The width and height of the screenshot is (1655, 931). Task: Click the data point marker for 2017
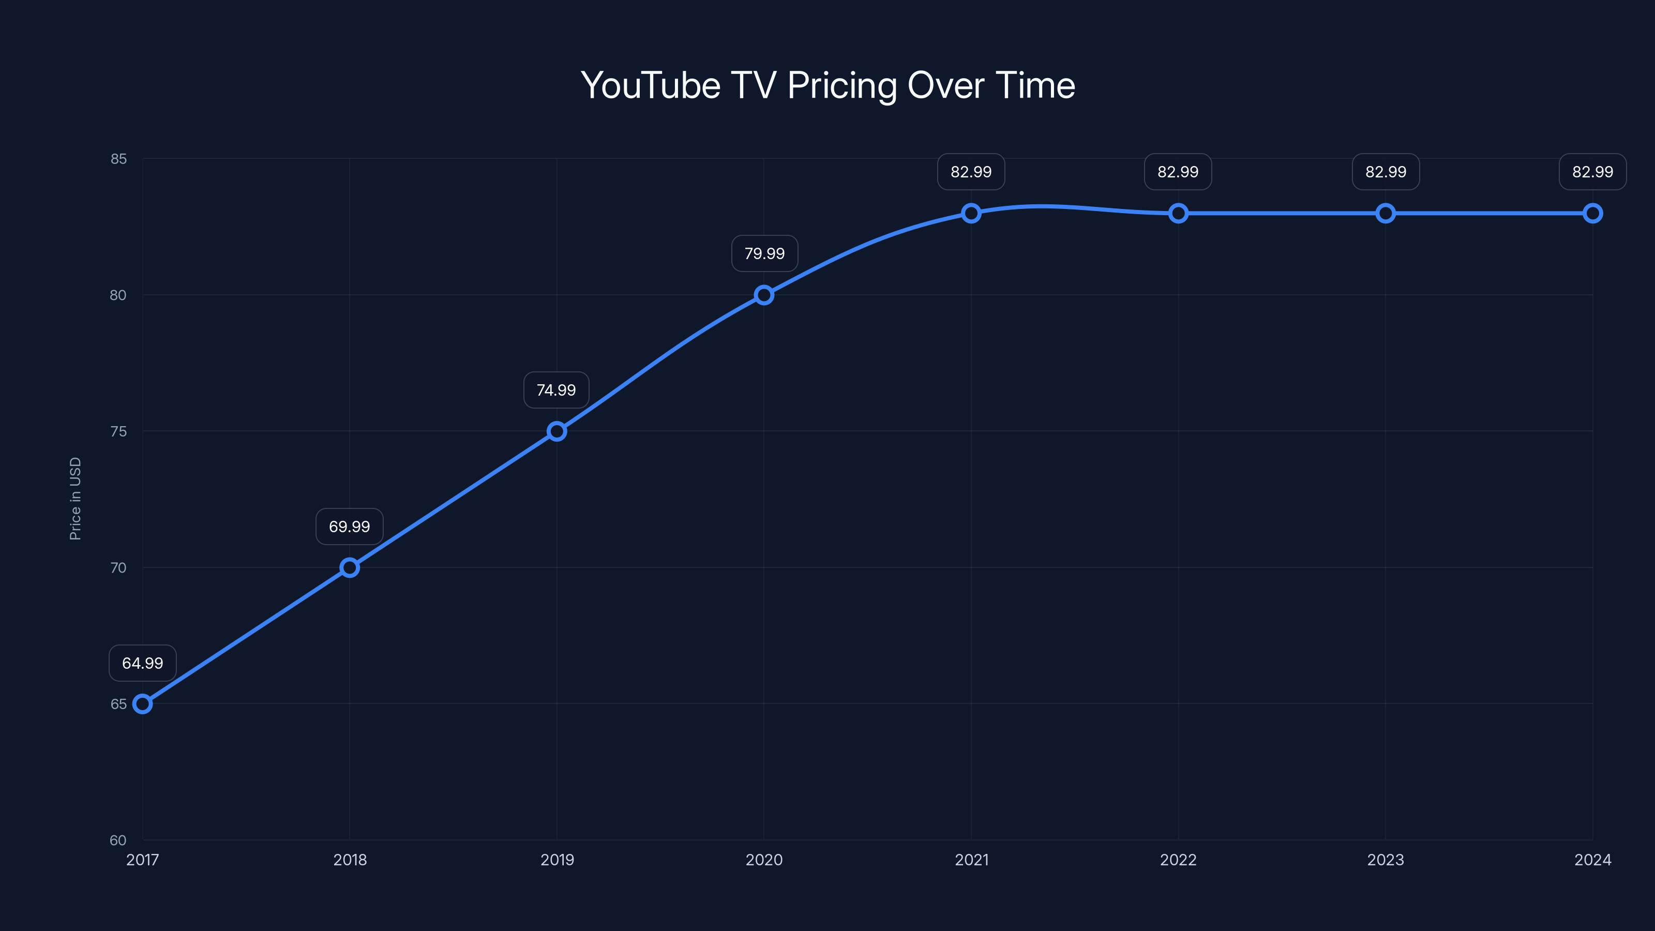tap(142, 703)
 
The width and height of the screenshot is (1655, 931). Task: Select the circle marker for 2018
tap(350, 567)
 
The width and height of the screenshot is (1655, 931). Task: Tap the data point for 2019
tap(557, 431)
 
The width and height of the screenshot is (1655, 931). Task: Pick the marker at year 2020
tap(764, 295)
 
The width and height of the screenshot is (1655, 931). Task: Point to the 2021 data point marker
tap(971, 213)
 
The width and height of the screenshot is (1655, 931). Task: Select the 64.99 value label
tap(143, 663)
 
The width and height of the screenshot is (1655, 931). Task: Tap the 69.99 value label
tap(350, 527)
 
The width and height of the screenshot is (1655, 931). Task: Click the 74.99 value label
tap(556, 390)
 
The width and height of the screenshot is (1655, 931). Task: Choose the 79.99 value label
tap(764, 254)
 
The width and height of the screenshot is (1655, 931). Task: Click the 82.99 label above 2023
tap(1386, 172)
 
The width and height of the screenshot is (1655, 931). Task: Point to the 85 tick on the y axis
tap(118, 159)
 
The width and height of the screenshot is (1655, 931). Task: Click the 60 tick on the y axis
tap(118, 840)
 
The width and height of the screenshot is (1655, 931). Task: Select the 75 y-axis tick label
tap(118, 431)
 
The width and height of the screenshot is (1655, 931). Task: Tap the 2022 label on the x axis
tap(1178, 860)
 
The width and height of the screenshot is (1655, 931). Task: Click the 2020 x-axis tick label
tap(764, 860)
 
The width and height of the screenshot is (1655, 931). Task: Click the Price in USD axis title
tap(75, 499)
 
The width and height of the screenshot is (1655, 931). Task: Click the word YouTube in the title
tap(650, 85)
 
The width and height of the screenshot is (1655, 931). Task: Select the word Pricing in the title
tap(842, 85)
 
